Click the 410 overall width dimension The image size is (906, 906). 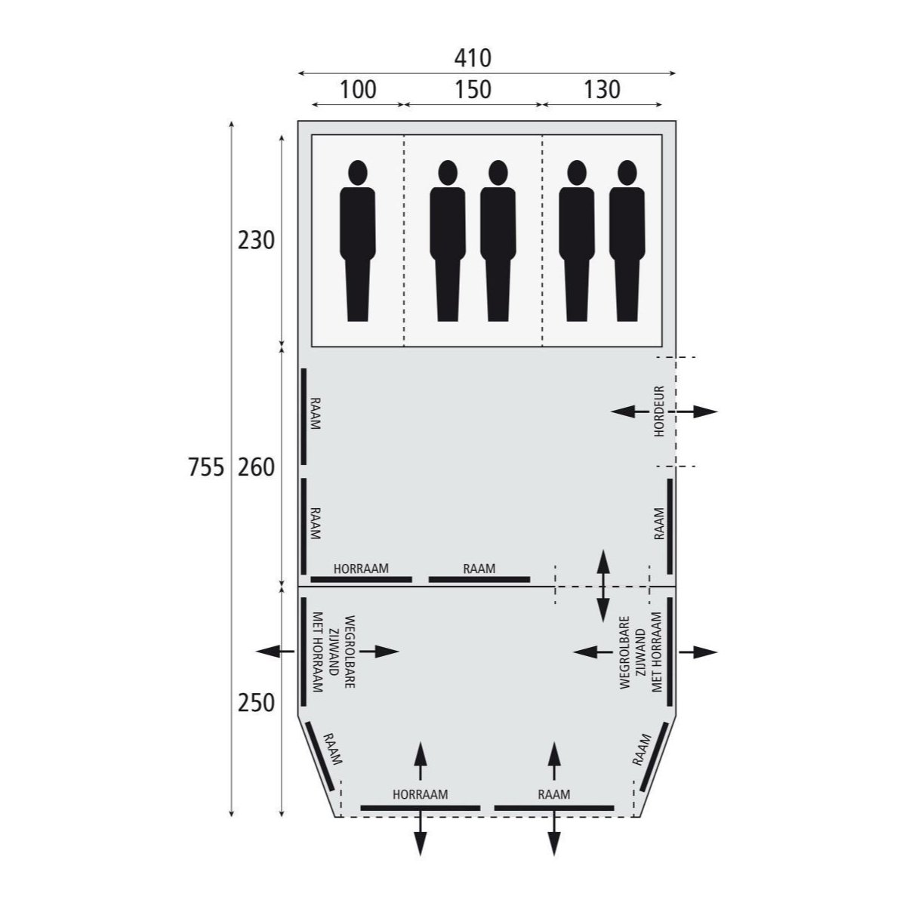click(473, 59)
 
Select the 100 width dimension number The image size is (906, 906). click(358, 90)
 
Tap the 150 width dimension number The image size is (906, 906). click(473, 90)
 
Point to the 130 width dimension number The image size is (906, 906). click(602, 90)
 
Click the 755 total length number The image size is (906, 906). click(206, 467)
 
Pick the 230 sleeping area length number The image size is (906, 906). click(256, 241)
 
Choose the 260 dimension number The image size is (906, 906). click(256, 467)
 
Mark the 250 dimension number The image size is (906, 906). click(256, 704)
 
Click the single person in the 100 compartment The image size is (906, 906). click(358, 241)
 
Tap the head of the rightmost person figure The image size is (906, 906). click(627, 173)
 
